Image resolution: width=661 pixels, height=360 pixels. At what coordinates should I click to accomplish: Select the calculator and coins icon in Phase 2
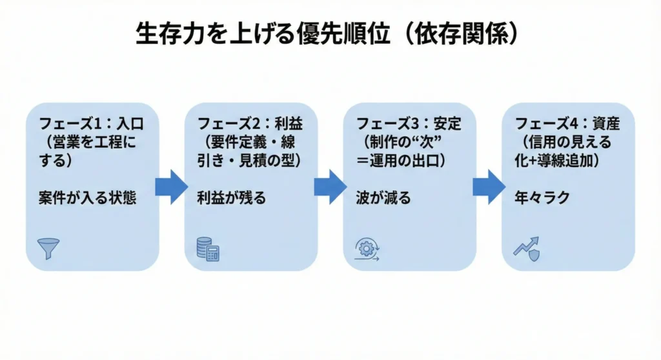pos(208,249)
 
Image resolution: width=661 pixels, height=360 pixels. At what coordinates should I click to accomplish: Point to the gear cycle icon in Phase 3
pos(367,250)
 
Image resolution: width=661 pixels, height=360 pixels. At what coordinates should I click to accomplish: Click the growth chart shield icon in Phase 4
pos(525,248)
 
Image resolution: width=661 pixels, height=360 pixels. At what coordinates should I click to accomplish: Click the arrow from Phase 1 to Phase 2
pos(170,187)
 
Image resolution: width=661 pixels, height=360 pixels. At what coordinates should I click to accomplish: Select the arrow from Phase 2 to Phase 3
pos(330,187)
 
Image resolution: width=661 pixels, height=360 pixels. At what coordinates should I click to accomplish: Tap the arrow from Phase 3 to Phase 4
pos(489,187)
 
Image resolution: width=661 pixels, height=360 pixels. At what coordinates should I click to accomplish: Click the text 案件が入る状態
pos(87,197)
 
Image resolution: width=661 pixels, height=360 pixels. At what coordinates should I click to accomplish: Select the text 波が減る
pos(383,197)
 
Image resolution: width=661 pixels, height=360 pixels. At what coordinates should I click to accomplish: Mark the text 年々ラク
pos(542,197)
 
